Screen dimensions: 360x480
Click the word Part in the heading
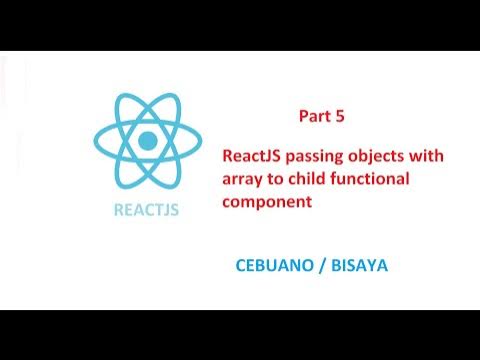[x=315, y=116]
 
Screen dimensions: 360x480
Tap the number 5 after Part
[x=340, y=116]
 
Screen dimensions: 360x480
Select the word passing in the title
[x=322, y=157]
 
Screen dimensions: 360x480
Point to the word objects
[x=384, y=157]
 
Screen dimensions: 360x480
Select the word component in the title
[x=268, y=201]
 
